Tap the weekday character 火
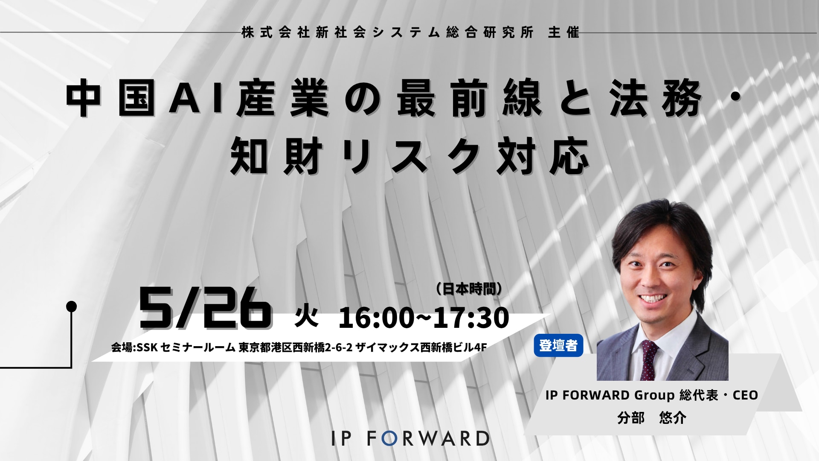(x=307, y=318)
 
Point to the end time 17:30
(x=471, y=318)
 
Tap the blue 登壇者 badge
(x=558, y=345)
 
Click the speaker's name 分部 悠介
(x=652, y=417)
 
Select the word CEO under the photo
(x=745, y=395)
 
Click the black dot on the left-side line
(x=72, y=306)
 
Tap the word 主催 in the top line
(x=563, y=33)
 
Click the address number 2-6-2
(x=339, y=348)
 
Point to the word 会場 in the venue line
(x=122, y=348)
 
